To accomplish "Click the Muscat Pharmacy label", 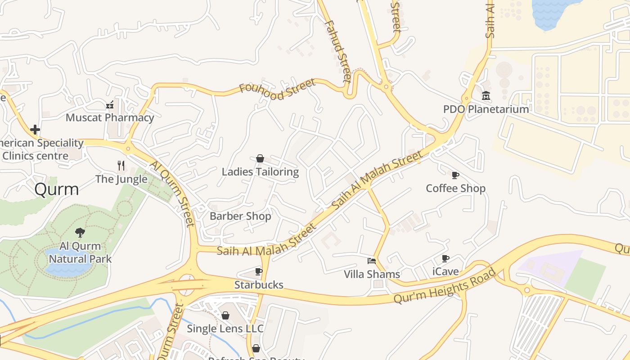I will [110, 118].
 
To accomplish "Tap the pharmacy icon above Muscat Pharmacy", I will [110, 105].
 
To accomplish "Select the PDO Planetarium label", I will [486, 109].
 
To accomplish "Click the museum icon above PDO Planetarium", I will [486, 96].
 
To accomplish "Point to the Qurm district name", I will [57, 189].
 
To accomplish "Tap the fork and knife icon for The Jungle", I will [121, 166].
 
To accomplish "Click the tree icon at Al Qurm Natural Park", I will [80, 233].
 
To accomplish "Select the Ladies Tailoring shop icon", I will [260, 158].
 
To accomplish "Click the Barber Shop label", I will [240, 216].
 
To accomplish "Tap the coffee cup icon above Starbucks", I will [259, 271].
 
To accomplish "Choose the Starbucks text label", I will [259, 285].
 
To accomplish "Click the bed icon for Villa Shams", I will [372, 261].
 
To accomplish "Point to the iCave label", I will [445, 271].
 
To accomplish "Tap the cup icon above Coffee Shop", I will [455, 175].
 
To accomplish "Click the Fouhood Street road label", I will [277, 90].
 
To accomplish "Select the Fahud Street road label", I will [337, 51].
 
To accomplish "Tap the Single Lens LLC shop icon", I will [225, 315].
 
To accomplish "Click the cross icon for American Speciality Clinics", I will [35, 130].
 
